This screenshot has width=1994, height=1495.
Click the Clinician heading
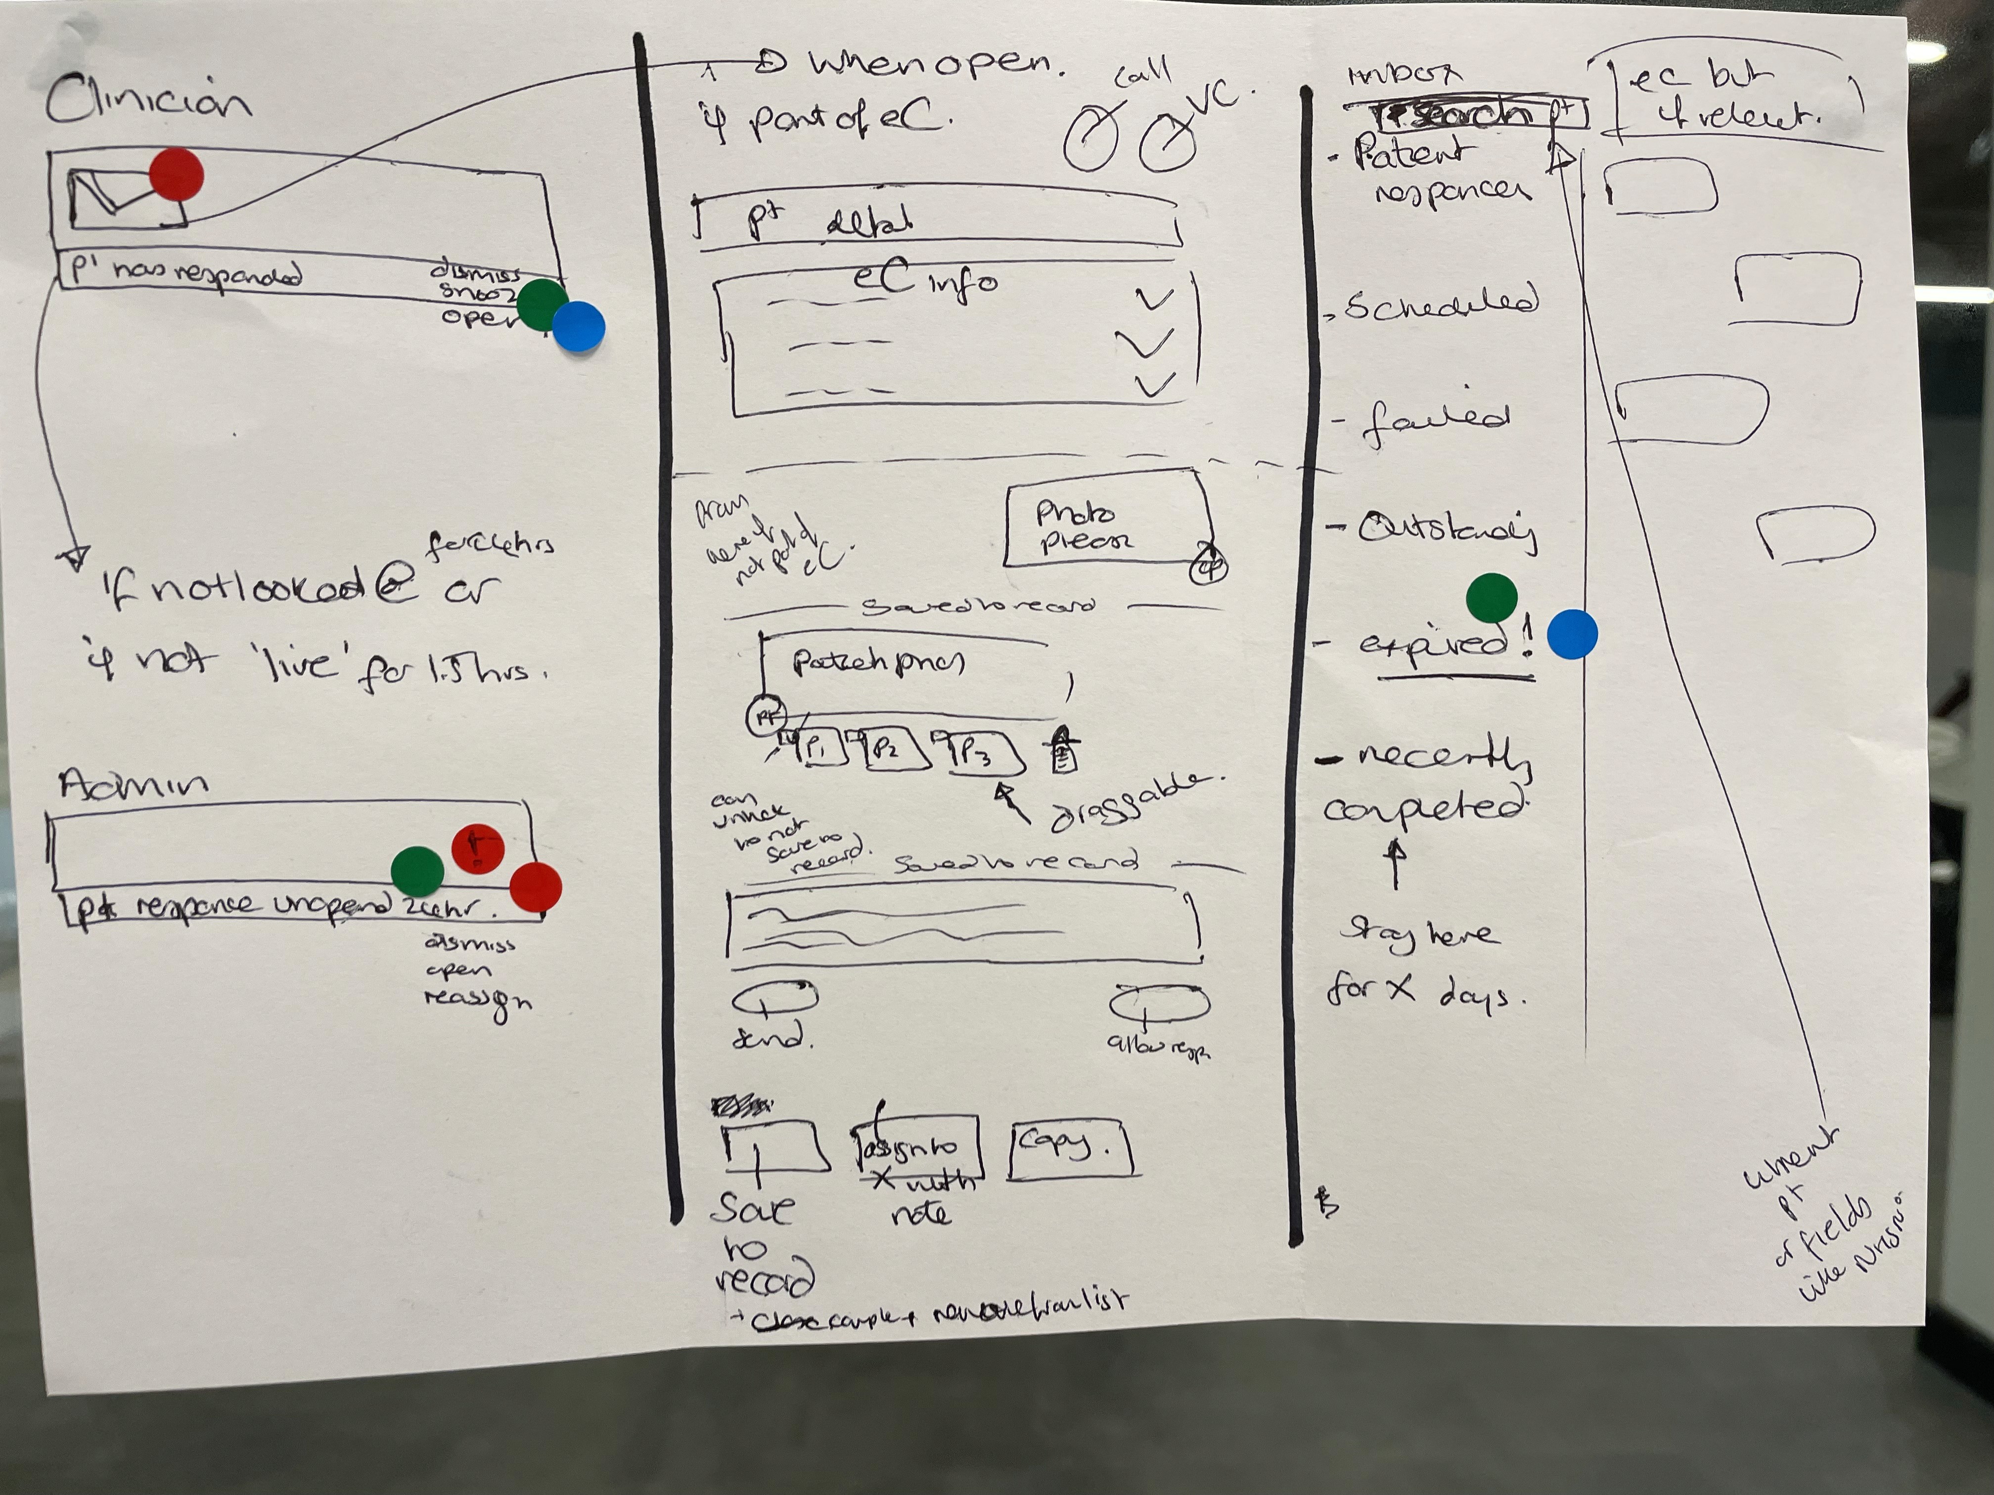click(149, 99)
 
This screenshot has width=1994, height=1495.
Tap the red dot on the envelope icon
click(177, 176)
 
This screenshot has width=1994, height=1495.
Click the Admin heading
click(134, 784)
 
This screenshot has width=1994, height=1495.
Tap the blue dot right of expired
click(1572, 634)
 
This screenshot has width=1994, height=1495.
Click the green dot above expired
click(1492, 598)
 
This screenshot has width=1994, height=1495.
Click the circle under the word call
click(1091, 140)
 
